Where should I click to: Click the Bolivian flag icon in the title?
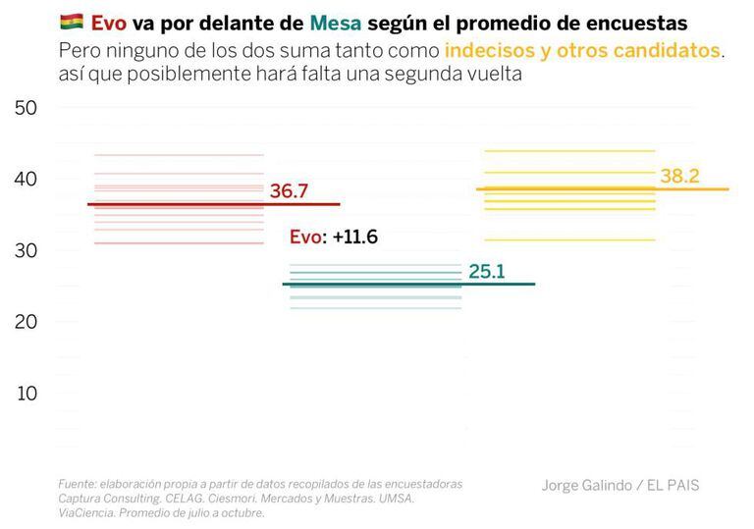(71, 23)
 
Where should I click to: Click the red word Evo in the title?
(108, 23)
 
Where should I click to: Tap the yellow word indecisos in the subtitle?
(489, 50)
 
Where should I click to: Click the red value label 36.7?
(289, 191)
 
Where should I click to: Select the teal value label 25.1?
(486, 271)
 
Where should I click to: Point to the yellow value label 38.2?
(679, 176)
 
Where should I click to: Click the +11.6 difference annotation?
(355, 237)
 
